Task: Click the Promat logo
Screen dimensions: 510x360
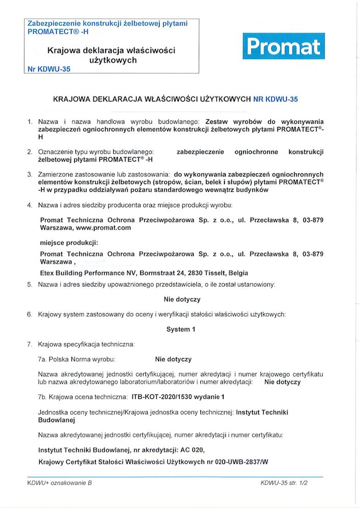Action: (284, 47)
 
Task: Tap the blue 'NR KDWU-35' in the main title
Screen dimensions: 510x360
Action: (275, 100)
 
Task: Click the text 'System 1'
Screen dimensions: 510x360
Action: (181, 329)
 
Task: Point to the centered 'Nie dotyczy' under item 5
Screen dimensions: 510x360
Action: (182, 299)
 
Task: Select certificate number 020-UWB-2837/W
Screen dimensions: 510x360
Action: (238, 462)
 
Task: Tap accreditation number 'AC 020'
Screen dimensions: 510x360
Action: (192, 450)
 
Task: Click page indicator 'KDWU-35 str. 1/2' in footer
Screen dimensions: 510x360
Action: (284, 482)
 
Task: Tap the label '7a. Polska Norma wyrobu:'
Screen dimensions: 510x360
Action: (77, 360)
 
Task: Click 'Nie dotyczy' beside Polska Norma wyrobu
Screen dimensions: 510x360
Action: (173, 360)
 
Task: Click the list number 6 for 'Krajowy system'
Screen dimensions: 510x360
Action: (30, 315)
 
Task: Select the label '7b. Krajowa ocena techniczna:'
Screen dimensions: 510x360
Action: (82, 396)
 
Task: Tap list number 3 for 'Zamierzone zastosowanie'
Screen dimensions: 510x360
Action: (30, 174)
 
